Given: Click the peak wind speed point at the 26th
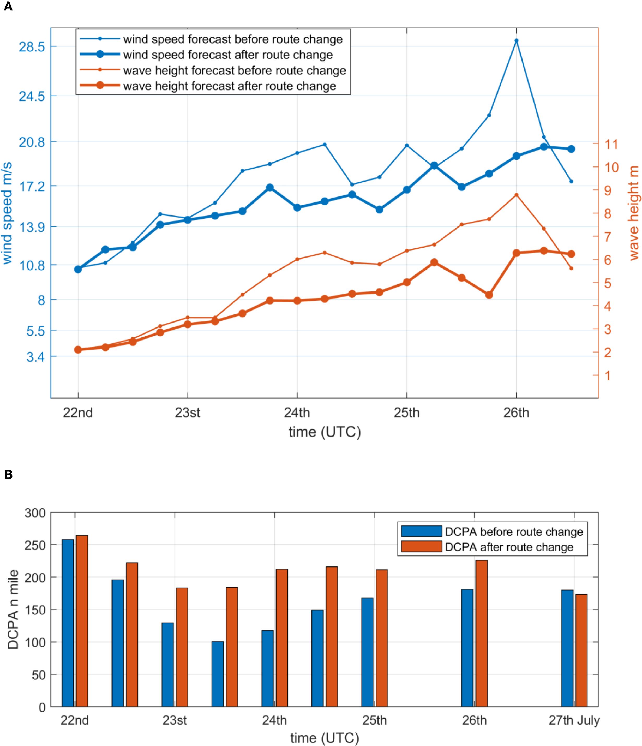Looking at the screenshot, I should click(517, 41).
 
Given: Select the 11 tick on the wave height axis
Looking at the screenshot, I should click(611, 144).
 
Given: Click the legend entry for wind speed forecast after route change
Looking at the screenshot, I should click(228, 55).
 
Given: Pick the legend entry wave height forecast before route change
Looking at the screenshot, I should click(234, 70).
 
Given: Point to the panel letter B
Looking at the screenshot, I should click(8, 475).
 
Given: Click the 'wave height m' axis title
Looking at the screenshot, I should click(634, 213).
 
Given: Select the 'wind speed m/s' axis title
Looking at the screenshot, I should click(7, 213).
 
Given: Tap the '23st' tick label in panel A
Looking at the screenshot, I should click(188, 413).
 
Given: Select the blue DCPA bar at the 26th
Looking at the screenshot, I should click(467, 648).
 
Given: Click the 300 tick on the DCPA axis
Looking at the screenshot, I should click(35, 513).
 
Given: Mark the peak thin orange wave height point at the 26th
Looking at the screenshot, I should click(517, 195).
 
